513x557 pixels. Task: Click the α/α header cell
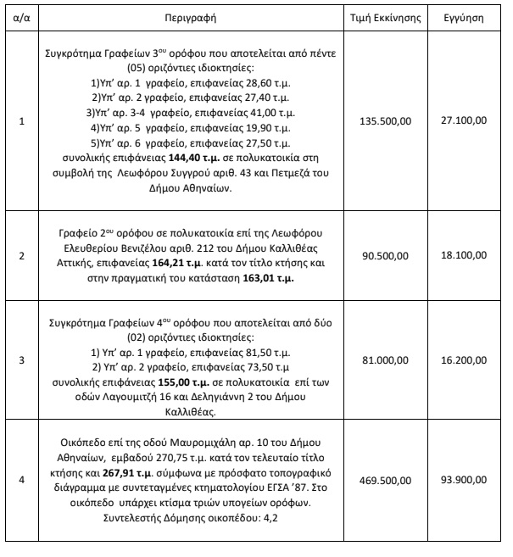click(x=21, y=17)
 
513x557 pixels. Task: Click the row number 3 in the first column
click(x=21, y=359)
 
